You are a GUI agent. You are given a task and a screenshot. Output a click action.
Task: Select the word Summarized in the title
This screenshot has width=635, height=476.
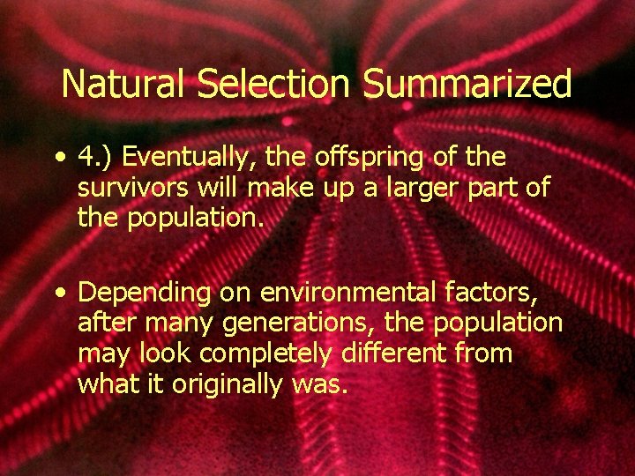(x=467, y=85)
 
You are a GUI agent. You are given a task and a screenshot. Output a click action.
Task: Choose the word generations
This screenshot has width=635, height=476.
(x=288, y=324)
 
